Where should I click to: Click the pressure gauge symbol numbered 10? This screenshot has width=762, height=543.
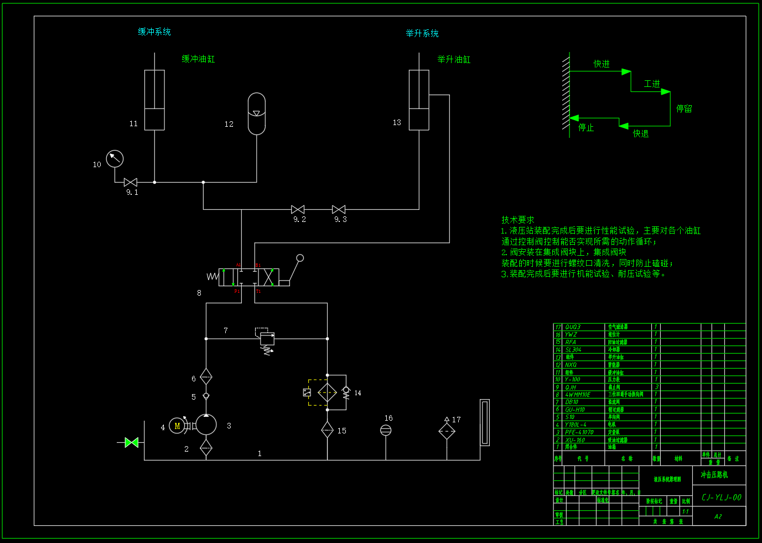tap(115, 159)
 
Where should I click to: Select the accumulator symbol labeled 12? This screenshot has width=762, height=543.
tap(257, 113)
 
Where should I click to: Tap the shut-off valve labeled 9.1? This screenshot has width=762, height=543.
tap(131, 182)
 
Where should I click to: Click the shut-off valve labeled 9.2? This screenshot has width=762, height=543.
tap(298, 209)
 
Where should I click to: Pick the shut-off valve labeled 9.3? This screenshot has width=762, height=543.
tap(339, 209)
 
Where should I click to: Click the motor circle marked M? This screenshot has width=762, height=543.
tap(177, 426)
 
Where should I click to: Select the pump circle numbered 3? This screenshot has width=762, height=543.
tap(206, 425)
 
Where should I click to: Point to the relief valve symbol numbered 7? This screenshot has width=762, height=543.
tap(267, 338)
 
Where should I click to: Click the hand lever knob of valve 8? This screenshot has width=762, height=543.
tap(300, 258)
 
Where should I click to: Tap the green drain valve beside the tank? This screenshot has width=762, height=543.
tap(132, 442)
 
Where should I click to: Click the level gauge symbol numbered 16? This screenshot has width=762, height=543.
tap(386, 430)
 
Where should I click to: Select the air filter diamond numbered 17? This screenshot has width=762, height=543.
tap(447, 431)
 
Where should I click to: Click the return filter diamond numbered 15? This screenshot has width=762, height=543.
tap(327, 430)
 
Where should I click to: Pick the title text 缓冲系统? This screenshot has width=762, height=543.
tap(154, 32)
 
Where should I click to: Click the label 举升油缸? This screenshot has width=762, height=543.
tap(454, 59)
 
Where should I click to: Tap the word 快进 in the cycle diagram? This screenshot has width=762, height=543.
tap(602, 64)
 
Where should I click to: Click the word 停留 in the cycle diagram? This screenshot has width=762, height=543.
tap(684, 109)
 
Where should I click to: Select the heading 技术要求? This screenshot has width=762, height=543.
tap(518, 220)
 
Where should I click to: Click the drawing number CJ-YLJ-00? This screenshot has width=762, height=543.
tap(721, 497)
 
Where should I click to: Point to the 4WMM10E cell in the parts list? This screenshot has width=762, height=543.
tap(578, 395)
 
